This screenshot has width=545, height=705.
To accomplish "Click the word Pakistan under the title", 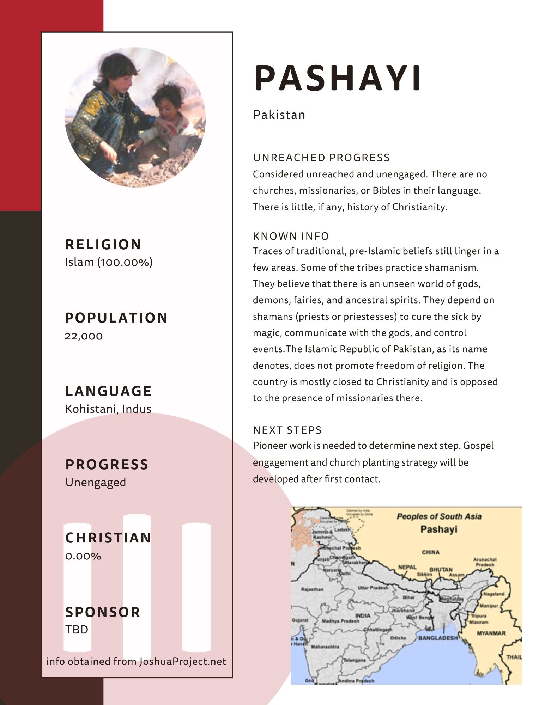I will point(279,115).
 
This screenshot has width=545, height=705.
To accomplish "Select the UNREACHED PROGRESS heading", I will point(321,158).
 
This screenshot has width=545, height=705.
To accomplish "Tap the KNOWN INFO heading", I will point(291,236).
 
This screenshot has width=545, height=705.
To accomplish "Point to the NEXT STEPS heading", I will point(287,430).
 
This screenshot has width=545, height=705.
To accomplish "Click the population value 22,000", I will point(84,336).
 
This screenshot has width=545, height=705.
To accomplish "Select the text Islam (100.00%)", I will point(109,262).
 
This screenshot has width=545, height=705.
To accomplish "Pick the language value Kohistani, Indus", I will point(108,409).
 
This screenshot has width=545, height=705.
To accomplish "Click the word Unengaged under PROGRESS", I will point(96,482).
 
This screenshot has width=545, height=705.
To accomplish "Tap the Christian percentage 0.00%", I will point(83,556).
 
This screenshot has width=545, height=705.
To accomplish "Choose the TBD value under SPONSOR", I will point(77,629).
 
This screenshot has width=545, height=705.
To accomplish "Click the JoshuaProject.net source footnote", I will point(136,661).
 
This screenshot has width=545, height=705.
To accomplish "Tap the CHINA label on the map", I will point(430,552).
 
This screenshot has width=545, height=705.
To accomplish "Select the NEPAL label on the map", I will point(407,567).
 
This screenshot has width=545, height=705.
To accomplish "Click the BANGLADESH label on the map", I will point(438,638).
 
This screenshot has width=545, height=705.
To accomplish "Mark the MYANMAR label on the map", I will point(491,633).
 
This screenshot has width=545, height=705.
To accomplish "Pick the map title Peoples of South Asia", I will point(439,516).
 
